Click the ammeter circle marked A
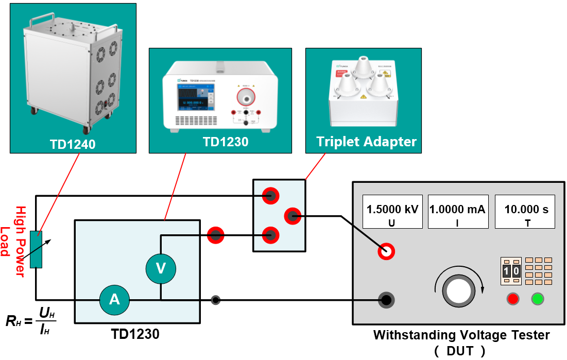(114, 299)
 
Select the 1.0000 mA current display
(457, 212)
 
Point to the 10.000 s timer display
(525, 212)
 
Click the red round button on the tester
(512, 299)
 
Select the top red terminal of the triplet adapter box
(269, 196)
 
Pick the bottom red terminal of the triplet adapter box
(269, 236)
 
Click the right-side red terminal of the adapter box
(293, 216)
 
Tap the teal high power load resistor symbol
(36, 250)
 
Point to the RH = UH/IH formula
(31, 320)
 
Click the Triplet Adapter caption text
(366, 142)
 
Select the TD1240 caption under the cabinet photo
(73, 145)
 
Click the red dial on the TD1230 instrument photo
(246, 96)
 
